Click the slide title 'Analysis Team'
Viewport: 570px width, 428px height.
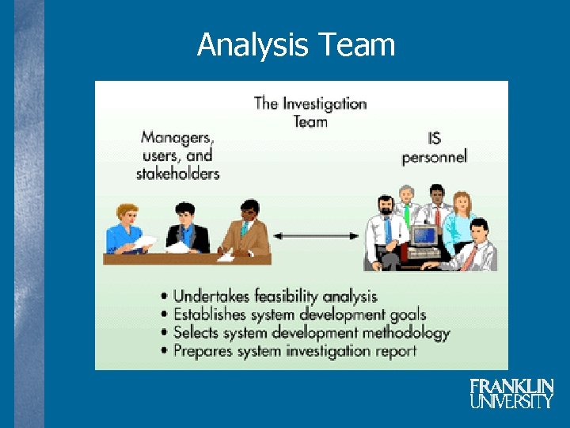tap(296, 45)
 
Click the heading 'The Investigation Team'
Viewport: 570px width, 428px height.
tap(310, 112)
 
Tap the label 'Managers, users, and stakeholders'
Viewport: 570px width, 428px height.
tap(177, 155)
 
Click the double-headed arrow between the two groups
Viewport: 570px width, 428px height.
tap(317, 235)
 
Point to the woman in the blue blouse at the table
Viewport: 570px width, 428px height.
tap(129, 229)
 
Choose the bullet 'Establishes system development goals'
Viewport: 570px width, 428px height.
tap(298, 315)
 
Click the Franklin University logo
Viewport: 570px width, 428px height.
tap(511, 393)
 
